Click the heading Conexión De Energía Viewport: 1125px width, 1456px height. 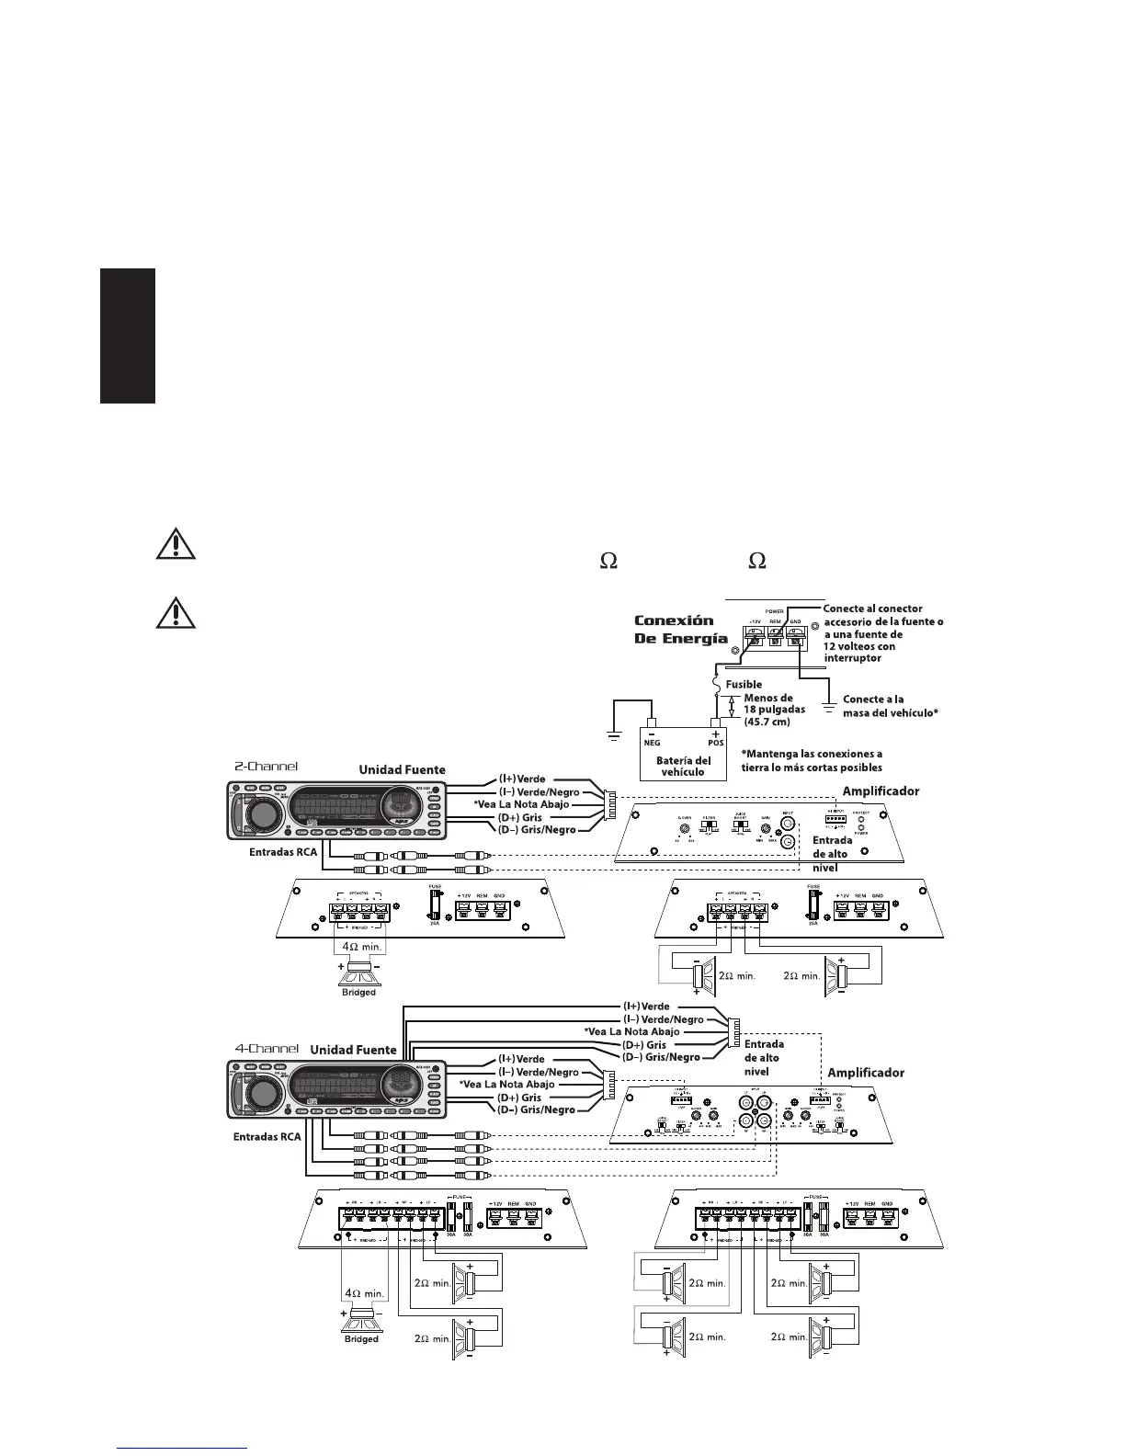click(x=680, y=630)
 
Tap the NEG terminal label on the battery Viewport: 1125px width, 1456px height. click(x=651, y=742)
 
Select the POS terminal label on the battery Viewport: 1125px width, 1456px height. click(x=714, y=742)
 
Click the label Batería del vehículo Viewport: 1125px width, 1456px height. click(x=683, y=766)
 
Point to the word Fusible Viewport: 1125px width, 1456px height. click(x=744, y=684)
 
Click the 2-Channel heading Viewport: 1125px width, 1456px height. click(x=267, y=765)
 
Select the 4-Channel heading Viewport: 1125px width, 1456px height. click(x=267, y=1048)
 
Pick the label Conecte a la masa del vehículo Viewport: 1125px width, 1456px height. click(x=890, y=706)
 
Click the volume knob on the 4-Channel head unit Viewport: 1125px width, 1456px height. click(x=263, y=1093)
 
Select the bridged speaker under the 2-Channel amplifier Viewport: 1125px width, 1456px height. click(x=359, y=969)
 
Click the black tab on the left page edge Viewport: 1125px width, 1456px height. click(x=128, y=336)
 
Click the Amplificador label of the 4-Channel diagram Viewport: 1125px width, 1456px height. click(x=866, y=1073)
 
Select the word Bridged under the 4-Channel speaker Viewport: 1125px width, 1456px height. click(x=361, y=1339)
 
